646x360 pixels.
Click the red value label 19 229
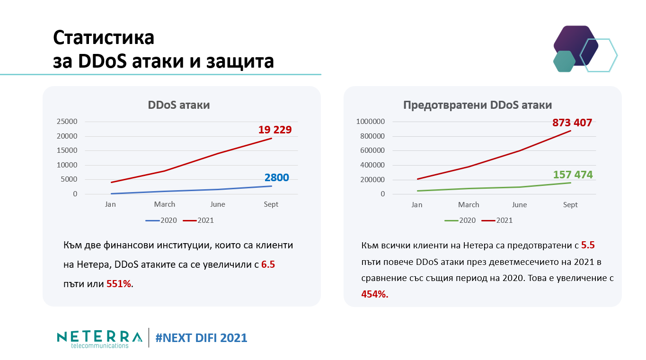(274, 130)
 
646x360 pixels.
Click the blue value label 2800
(276, 178)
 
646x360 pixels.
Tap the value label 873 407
(572, 123)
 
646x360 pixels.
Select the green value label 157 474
(573, 175)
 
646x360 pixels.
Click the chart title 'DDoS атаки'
(179, 105)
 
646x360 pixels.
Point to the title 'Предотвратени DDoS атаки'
(478, 105)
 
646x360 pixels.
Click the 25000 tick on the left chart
(67, 122)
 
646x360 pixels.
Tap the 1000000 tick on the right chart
(370, 122)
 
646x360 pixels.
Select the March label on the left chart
(164, 204)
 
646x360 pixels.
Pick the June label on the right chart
(519, 205)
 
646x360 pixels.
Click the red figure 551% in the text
(119, 284)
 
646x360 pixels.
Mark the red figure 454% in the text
(374, 294)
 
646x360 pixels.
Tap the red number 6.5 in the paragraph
(268, 264)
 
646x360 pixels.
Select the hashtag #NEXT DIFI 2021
(201, 338)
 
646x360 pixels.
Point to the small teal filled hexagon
(564, 61)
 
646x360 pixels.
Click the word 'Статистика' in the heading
(104, 38)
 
